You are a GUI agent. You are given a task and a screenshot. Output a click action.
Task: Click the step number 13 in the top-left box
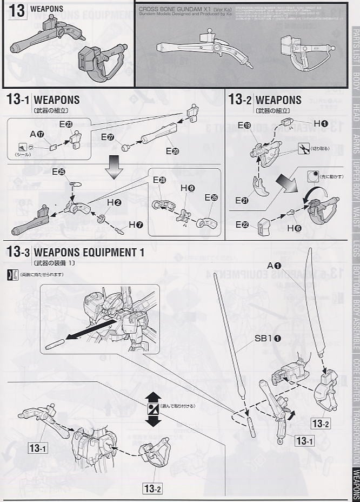(17, 11)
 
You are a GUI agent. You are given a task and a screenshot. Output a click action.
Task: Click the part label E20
(172, 151)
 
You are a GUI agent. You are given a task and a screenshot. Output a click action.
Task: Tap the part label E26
(211, 197)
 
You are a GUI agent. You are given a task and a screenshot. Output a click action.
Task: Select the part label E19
(244, 125)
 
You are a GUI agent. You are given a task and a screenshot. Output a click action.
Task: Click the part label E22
(244, 224)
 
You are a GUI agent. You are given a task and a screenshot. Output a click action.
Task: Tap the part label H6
(294, 228)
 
